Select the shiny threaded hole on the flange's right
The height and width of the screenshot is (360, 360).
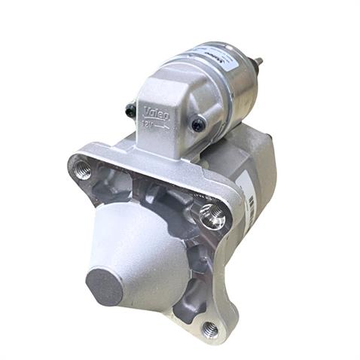[x=212, y=218]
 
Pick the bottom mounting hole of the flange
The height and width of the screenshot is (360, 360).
[x=211, y=328]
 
